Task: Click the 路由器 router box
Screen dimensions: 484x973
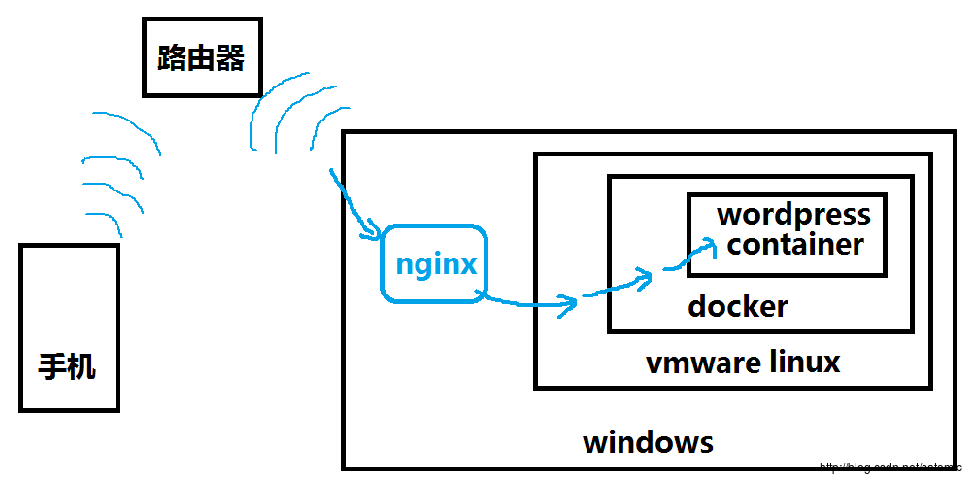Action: coord(201,58)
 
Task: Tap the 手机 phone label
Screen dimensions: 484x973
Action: coord(68,367)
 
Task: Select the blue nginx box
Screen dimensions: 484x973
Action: coord(433,263)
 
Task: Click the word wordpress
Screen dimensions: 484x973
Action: coord(794,215)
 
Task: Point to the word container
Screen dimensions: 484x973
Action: coord(795,244)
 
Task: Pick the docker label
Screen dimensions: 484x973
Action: coord(738,307)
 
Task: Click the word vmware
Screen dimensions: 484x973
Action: coord(703,363)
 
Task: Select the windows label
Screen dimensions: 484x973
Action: coord(648,442)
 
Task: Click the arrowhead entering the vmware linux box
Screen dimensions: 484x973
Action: coord(568,305)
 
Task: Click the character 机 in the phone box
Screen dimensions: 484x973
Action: coord(83,367)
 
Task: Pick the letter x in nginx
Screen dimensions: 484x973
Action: coord(468,263)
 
